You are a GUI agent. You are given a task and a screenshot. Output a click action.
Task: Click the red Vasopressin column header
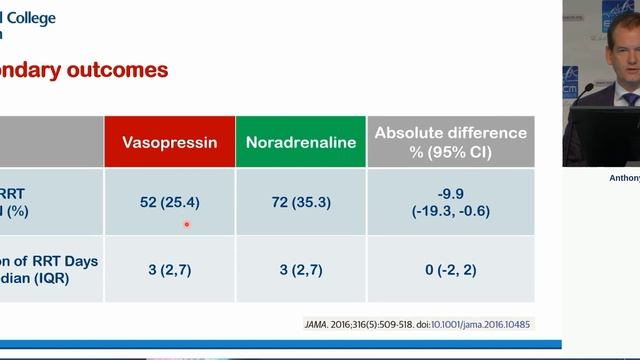click(169, 142)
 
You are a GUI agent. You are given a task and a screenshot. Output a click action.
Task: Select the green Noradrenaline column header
click(300, 142)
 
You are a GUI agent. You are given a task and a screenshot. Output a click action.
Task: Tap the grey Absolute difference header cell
click(450, 142)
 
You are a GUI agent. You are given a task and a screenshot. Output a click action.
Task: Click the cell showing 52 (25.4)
click(169, 202)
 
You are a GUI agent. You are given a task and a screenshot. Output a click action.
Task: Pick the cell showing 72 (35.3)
click(300, 202)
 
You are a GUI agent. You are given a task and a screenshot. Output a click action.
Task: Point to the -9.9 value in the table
click(450, 193)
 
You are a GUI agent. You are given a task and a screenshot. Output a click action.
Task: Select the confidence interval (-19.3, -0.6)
click(450, 211)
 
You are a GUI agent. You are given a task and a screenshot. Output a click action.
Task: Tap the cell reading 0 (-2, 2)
click(450, 269)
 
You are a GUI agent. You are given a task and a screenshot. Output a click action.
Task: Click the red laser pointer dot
click(186, 224)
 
